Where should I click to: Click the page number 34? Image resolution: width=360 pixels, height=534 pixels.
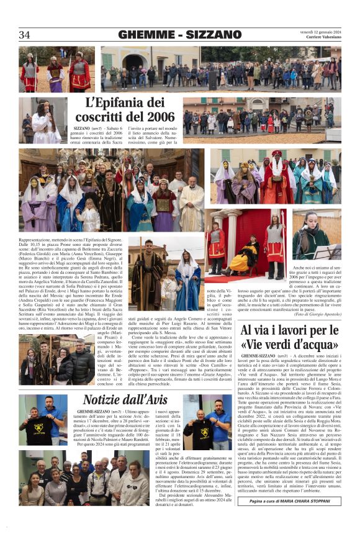[25, 35]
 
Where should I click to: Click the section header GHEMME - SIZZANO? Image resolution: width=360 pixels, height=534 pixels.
[180, 35]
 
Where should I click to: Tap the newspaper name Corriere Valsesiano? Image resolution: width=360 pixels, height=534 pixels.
[319, 38]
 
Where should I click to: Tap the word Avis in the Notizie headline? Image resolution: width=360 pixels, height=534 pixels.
[150, 399]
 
